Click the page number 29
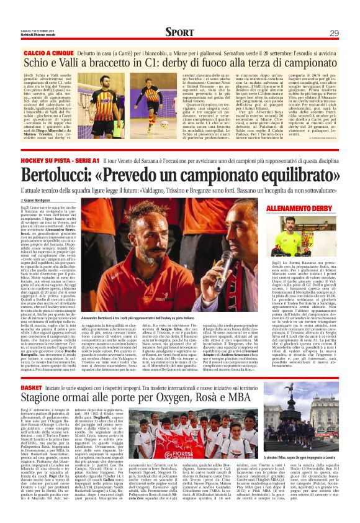[x=334, y=33]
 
